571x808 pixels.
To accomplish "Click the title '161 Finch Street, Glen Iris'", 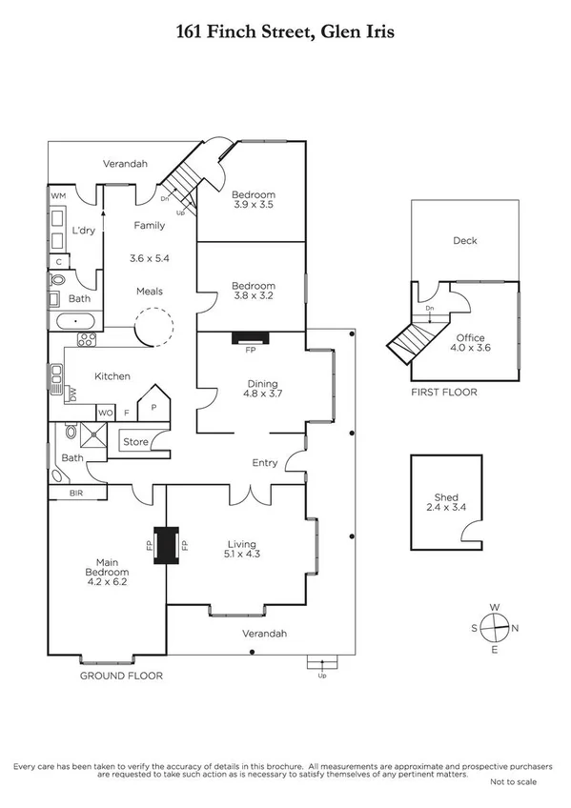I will (x=285, y=32).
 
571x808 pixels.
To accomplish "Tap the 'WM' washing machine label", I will (x=58, y=195).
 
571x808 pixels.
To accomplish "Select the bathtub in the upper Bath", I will (x=71, y=321).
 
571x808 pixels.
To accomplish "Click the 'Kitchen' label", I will (x=112, y=376).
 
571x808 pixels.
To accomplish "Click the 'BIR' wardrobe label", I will (x=76, y=494).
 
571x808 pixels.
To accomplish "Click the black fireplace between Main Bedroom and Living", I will (x=168, y=545).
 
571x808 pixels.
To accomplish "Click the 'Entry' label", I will (x=264, y=463).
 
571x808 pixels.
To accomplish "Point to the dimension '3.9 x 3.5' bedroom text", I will (x=254, y=204).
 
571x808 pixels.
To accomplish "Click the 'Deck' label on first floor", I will (x=464, y=241).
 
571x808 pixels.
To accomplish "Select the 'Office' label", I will (x=470, y=338).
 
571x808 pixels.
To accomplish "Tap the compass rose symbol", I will (x=494, y=628).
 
